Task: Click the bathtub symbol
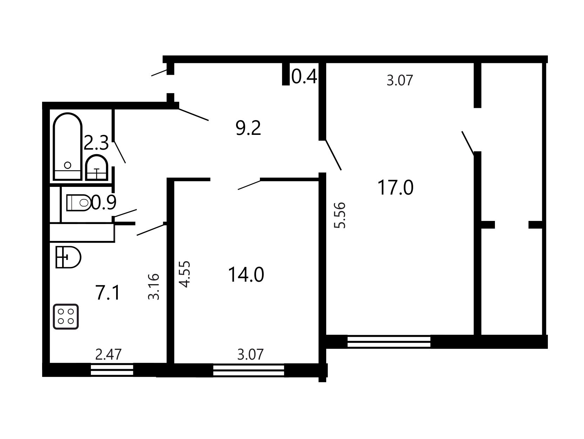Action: [x=67, y=146]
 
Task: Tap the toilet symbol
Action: [x=79, y=203]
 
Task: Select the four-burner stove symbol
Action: [x=66, y=316]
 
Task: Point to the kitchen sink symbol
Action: [x=68, y=257]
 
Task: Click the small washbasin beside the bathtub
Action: [x=96, y=168]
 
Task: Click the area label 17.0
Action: [x=395, y=188]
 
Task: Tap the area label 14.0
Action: [x=246, y=275]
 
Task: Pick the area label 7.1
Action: [x=108, y=293]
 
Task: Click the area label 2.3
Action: [x=96, y=143]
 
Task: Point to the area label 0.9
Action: [x=104, y=202]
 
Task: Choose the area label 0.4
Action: [x=304, y=76]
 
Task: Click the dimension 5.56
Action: [x=340, y=215]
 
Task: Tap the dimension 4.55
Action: [x=185, y=274]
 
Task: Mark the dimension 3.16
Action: [x=154, y=287]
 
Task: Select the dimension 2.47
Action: [x=108, y=355]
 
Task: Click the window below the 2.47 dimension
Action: [x=112, y=370]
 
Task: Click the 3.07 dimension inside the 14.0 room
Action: [x=250, y=355]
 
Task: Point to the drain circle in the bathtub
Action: [x=68, y=165]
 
